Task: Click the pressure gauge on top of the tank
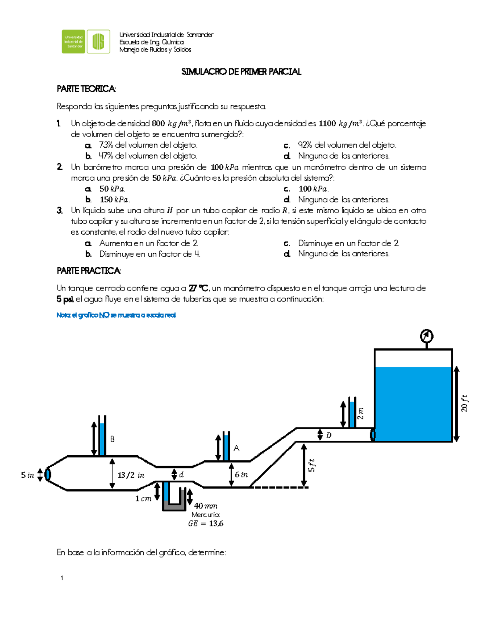coord(426,336)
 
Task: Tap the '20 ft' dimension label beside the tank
coord(464,403)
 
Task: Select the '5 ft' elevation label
coord(312,466)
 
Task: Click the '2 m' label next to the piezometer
coord(361,413)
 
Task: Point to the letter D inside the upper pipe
coord(329,435)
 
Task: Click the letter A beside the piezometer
coord(236,448)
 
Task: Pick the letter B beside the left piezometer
coord(112,439)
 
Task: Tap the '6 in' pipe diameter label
coord(242,475)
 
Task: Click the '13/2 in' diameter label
coord(131,475)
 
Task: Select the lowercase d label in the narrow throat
coord(182,475)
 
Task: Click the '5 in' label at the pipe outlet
coord(27,475)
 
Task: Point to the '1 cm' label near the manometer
coord(143,499)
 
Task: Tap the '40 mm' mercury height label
coord(206,506)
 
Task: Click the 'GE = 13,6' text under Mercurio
coord(206,524)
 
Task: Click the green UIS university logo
coord(86,41)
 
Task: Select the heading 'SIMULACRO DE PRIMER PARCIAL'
coord(241,72)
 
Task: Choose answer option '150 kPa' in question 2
coord(115,200)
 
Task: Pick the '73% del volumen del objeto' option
coord(148,145)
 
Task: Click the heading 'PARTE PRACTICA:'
coord(89,271)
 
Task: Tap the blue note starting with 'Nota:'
coord(116,315)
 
